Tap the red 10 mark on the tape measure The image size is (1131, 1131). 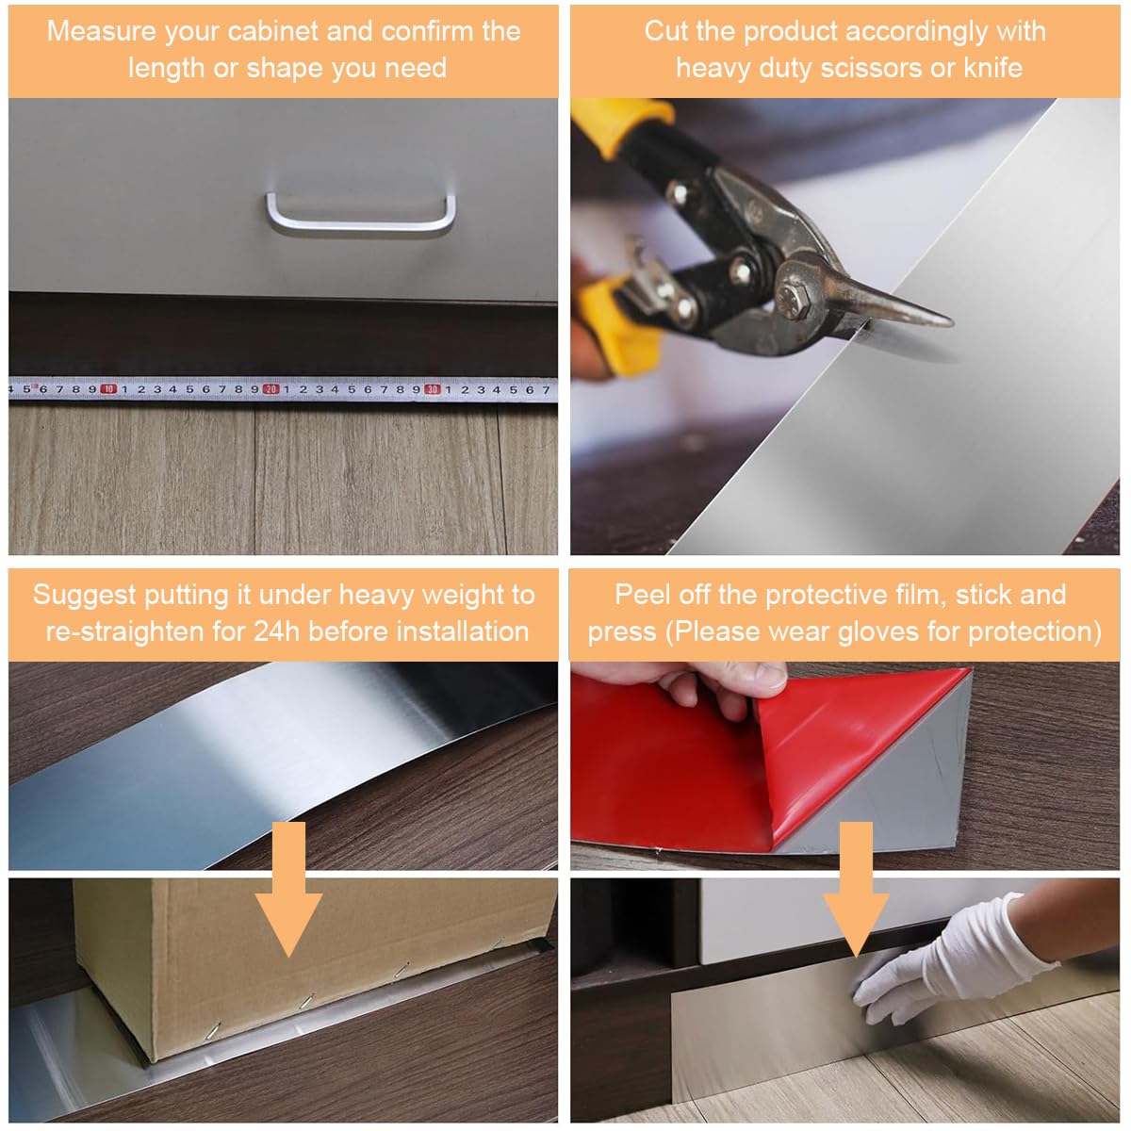click(x=108, y=389)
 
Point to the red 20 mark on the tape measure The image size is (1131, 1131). click(x=270, y=389)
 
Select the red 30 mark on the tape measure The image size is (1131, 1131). click(x=433, y=389)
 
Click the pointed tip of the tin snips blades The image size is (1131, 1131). click(x=951, y=321)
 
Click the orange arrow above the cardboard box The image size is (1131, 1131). click(x=288, y=889)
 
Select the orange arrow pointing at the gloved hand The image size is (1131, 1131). click(x=857, y=889)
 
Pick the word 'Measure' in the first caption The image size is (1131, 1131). click(x=100, y=31)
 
